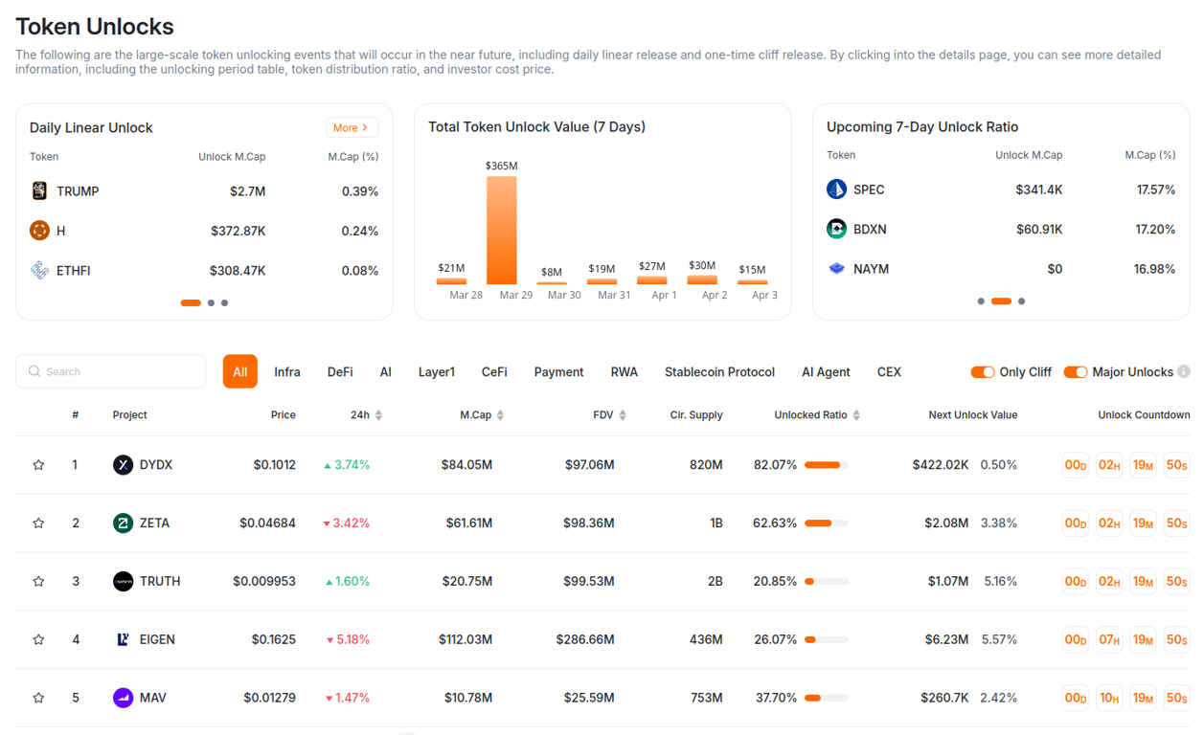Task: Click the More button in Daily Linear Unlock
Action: point(352,127)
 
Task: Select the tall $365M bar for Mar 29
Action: point(501,230)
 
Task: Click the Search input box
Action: point(111,371)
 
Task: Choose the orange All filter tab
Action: point(239,371)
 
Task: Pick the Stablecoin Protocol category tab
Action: point(719,371)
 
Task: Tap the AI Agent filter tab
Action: point(826,371)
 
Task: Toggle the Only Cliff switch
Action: point(982,371)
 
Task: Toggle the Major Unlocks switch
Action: point(1075,371)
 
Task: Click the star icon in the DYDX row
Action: point(39,465)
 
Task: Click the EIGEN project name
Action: point(157,639)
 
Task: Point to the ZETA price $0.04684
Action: point(267,523)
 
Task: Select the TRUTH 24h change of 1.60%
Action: point(347,581)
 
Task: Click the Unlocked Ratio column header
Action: point(810,414)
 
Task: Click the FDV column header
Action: point(602,414)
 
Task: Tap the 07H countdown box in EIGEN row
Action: point(1109,639)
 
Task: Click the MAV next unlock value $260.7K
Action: point(944,698)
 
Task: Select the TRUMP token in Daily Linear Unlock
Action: point(77,191)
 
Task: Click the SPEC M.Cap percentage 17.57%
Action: point(1155,189)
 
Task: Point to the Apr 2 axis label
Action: point(715,295)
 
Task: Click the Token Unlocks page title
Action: point(95,26)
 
